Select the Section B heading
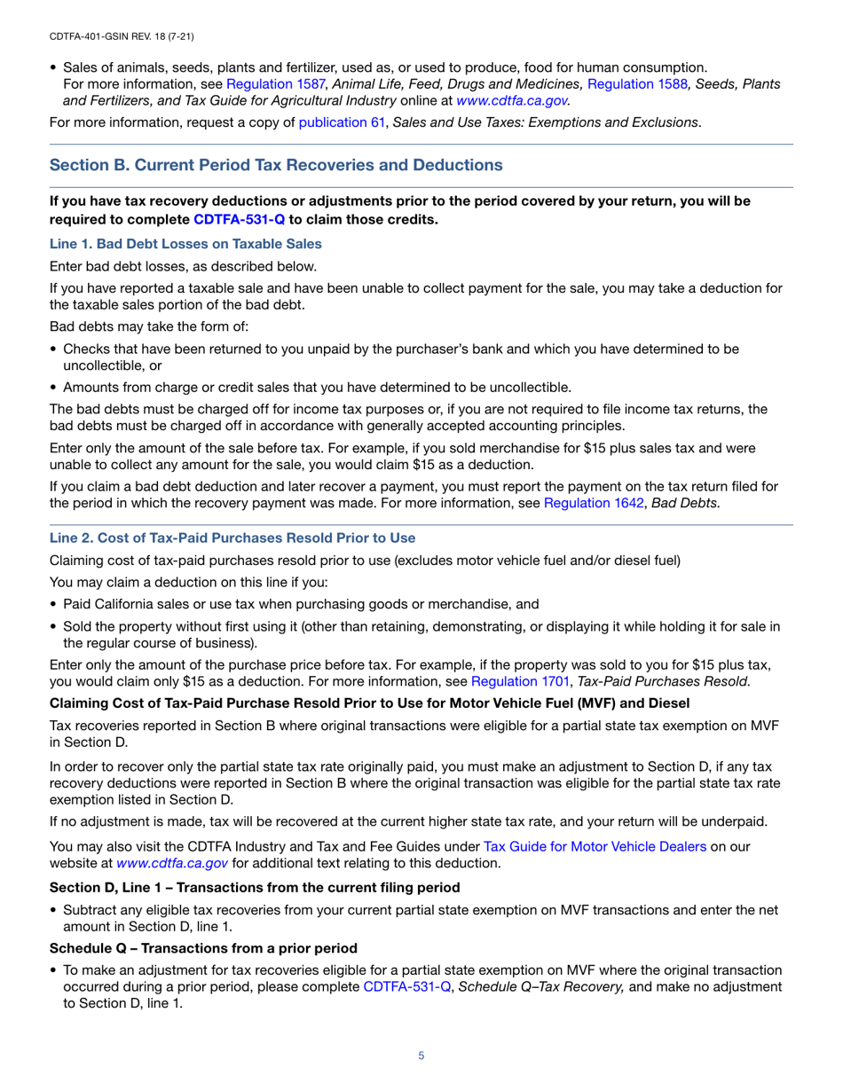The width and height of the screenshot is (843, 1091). click(x=276, y=165)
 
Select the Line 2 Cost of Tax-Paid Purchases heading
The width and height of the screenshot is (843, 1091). click(x=232, y=538)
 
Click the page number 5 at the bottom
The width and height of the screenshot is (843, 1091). click(x=421, y=1056)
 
